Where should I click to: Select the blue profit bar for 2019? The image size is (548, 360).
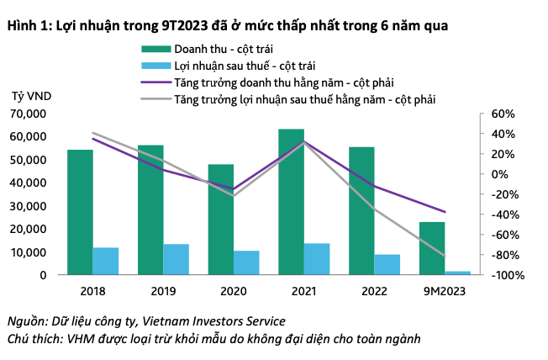[x=177, y=258]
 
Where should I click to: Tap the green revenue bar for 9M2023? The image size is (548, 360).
[x=432, y=247]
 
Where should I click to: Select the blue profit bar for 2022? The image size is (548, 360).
[x=388, y=264]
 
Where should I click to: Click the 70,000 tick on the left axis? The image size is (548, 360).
[x=30, y=113]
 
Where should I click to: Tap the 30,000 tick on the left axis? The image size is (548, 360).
[x=30, y=205]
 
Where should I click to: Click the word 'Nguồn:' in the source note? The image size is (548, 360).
[x=27, y=320]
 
